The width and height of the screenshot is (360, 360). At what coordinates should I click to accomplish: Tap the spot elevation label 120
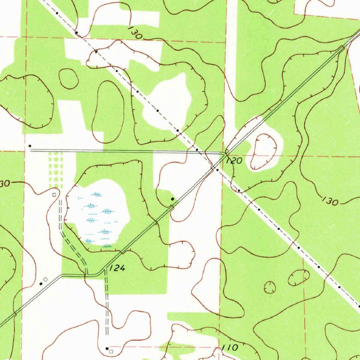click(234, 161)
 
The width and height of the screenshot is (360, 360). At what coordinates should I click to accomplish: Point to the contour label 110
click(230, 348)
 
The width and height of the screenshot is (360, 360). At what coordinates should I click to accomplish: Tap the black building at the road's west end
click(30, 146)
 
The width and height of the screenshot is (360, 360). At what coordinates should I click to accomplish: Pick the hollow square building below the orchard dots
click(54, 194)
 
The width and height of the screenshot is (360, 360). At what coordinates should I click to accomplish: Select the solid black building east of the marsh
click(172, 199)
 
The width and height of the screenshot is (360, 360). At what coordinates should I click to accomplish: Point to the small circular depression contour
click(270, 287)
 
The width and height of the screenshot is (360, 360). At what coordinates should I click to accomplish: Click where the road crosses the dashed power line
click(213, 168)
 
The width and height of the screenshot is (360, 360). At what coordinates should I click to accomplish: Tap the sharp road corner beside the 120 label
click(225, 154)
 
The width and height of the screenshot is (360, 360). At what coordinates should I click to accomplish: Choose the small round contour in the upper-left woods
click(68, 78)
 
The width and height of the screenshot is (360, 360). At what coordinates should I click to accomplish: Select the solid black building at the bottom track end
click(107, 348)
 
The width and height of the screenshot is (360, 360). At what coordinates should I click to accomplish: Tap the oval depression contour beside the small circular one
click(299, 278)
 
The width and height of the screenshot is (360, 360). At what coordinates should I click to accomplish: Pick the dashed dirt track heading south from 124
click(107, 302)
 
